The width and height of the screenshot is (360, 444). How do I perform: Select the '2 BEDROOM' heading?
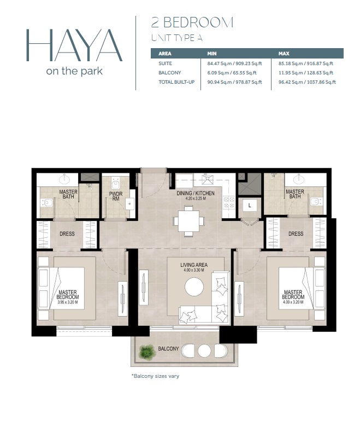(x=192, y=22)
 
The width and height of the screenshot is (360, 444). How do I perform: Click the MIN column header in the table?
(x=213, y=54)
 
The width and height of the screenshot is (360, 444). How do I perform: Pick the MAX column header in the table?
(x=284, y=54)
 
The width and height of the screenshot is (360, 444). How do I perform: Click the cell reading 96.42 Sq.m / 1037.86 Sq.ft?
(x=307, y=82)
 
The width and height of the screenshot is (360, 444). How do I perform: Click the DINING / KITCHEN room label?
(x=195, y=194)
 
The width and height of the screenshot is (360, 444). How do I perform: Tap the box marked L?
(x=249, y=206)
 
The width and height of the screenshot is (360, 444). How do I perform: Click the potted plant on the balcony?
(x=146, y=353)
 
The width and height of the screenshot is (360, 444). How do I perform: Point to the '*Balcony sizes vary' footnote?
(x=155, y=376)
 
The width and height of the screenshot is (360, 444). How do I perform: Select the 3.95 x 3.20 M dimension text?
(x=68, y=302)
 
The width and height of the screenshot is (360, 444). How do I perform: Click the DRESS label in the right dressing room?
(x=296, y=234)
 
